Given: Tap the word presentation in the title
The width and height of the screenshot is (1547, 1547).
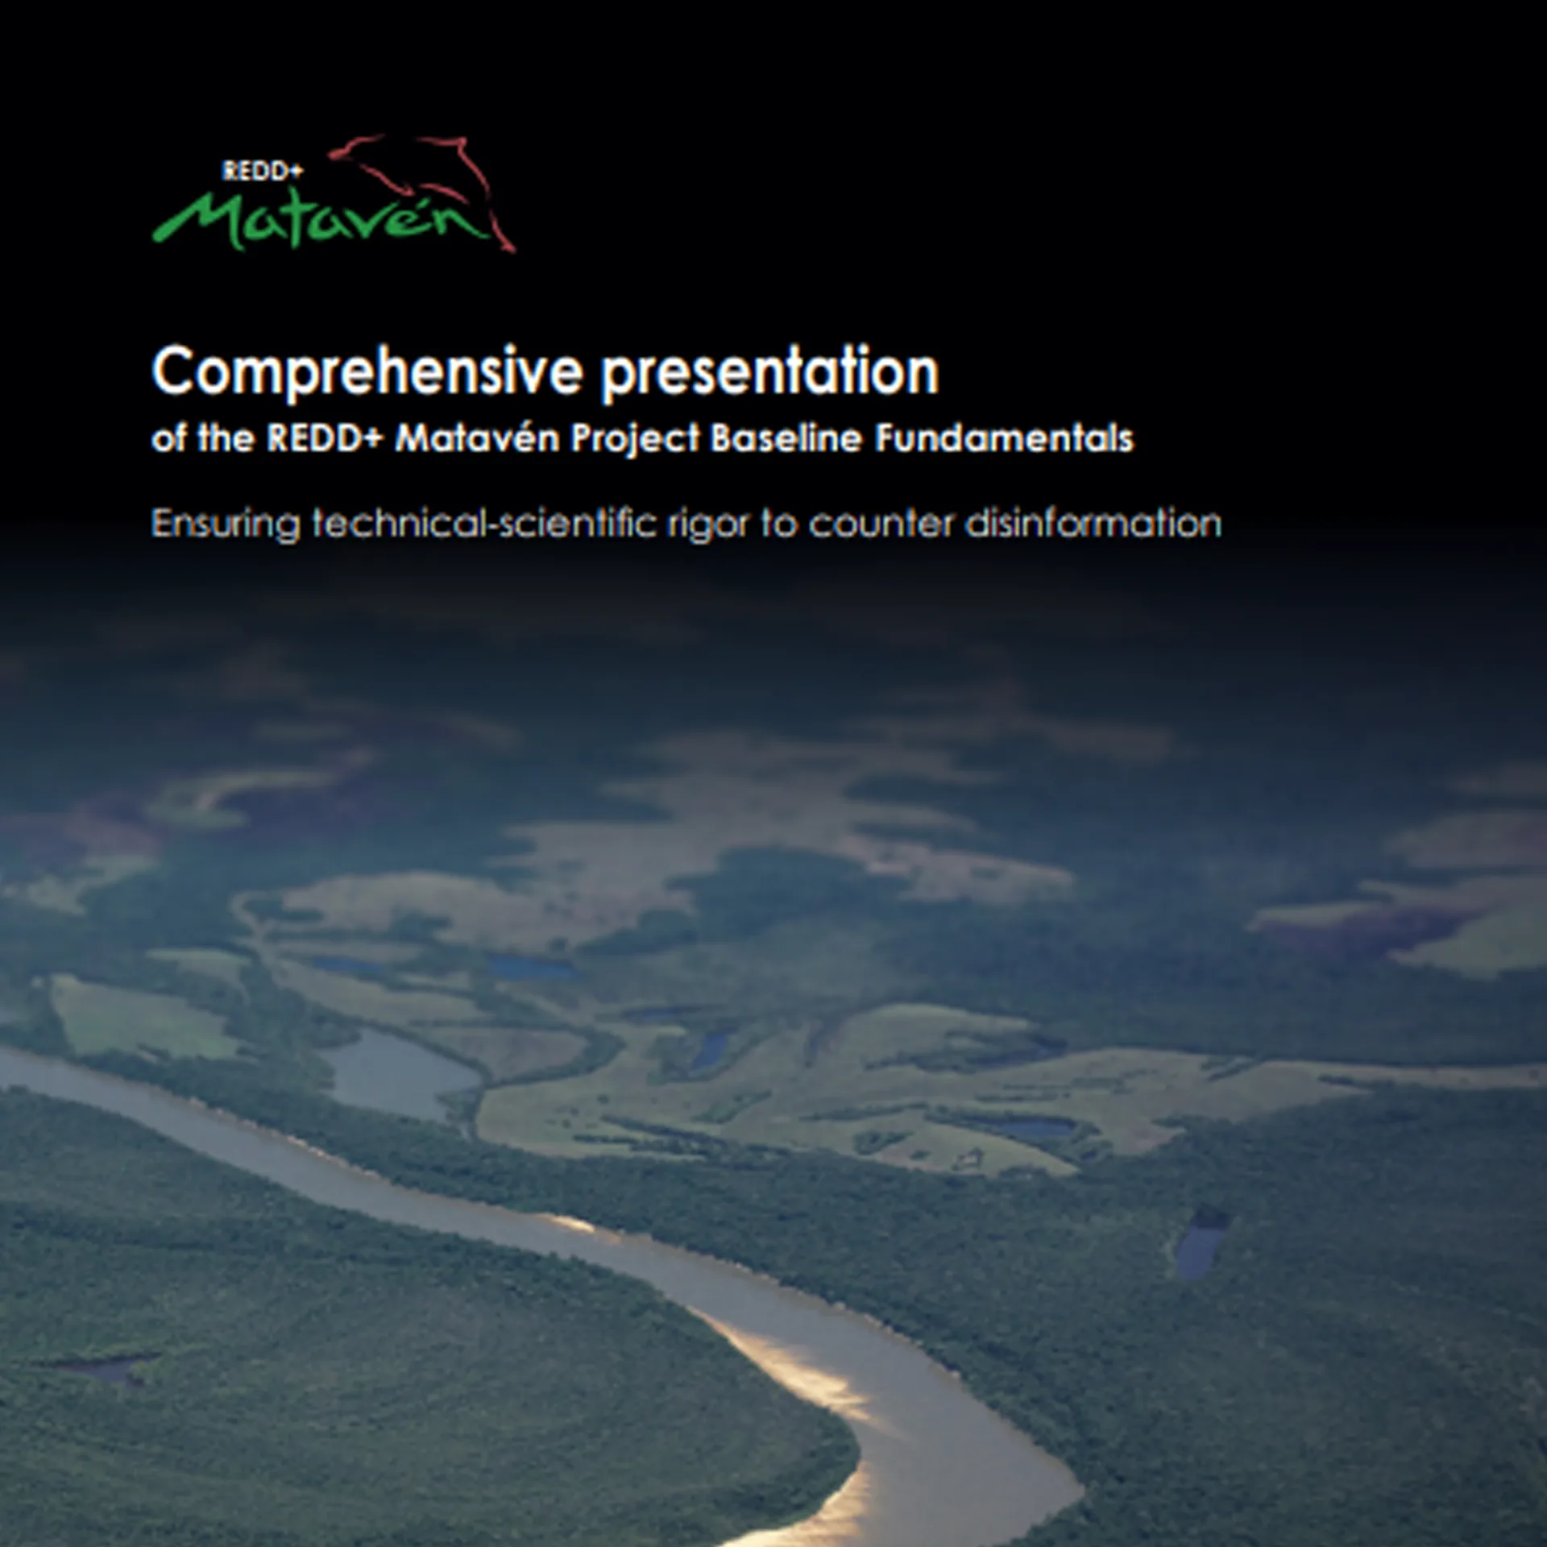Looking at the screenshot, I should pos(771,372).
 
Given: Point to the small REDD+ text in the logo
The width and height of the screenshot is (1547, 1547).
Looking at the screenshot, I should pos(262,171).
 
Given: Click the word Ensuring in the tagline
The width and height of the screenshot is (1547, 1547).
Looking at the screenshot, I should pos(225,525).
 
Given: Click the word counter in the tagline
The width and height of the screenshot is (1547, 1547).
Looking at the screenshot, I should pos(881,524).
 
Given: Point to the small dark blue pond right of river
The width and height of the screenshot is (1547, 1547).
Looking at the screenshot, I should pos(1201,1245).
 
